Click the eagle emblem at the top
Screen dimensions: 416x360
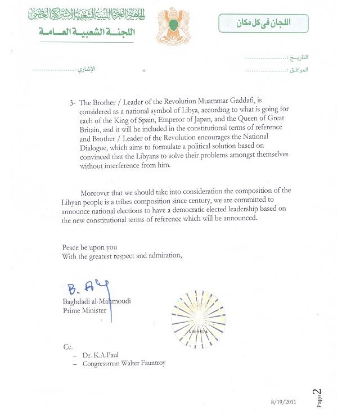click(173, 26)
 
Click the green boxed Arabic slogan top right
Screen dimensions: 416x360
click(263, 22)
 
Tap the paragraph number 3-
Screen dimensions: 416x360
click(72, 103)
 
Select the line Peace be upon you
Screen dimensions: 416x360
click(90, 247)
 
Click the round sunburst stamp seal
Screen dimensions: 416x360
click(198, 318)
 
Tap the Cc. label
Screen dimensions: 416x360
click(68, 346)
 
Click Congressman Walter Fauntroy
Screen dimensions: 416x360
click(124, 363)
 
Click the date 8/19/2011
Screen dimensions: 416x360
click(283, 403)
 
